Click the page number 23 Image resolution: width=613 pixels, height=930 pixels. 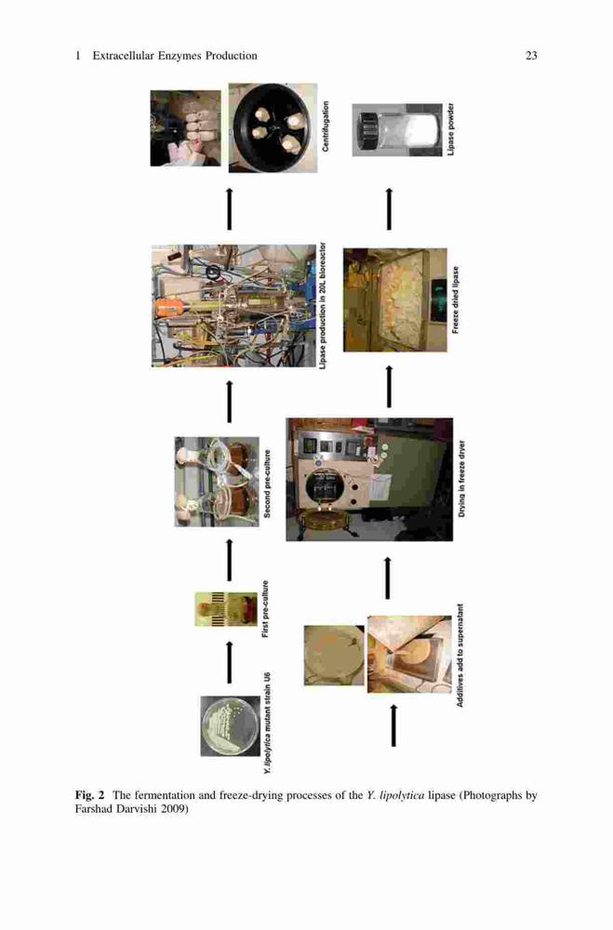click(x=531, y=56)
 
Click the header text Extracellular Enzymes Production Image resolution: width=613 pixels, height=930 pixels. click(x=175, y=56)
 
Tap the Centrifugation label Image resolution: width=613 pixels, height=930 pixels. click(x=326, y=126)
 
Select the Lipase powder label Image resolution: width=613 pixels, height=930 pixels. click(x=451, y=129)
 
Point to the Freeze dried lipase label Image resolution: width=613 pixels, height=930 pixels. click(x=456, y=299)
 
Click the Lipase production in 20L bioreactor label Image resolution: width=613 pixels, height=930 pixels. click(x=322, y=306)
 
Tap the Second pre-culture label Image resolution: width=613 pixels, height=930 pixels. click(x=267, y=484)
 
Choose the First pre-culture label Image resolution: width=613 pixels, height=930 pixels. click(x=265, y=609)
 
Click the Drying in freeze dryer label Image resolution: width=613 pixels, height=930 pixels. click(x=461, y=479)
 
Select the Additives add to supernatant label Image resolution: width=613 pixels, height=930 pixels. click(x=460, y=656)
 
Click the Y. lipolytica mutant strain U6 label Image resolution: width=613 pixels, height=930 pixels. click(x=268, y=723)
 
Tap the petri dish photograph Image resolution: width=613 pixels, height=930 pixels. click(x=231, y=726)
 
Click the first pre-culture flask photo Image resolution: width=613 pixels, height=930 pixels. click(x=226, y=609)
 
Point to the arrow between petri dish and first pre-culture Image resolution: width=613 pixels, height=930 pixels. click(x=230, y=661)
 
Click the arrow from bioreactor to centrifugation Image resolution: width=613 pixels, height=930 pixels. click(x=230, y=208)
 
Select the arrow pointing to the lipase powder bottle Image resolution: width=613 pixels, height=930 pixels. click(x=389, y=208)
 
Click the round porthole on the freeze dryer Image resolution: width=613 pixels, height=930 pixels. click(x=325, y=487)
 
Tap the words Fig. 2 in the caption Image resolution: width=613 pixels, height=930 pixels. click(x=89, y=795)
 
